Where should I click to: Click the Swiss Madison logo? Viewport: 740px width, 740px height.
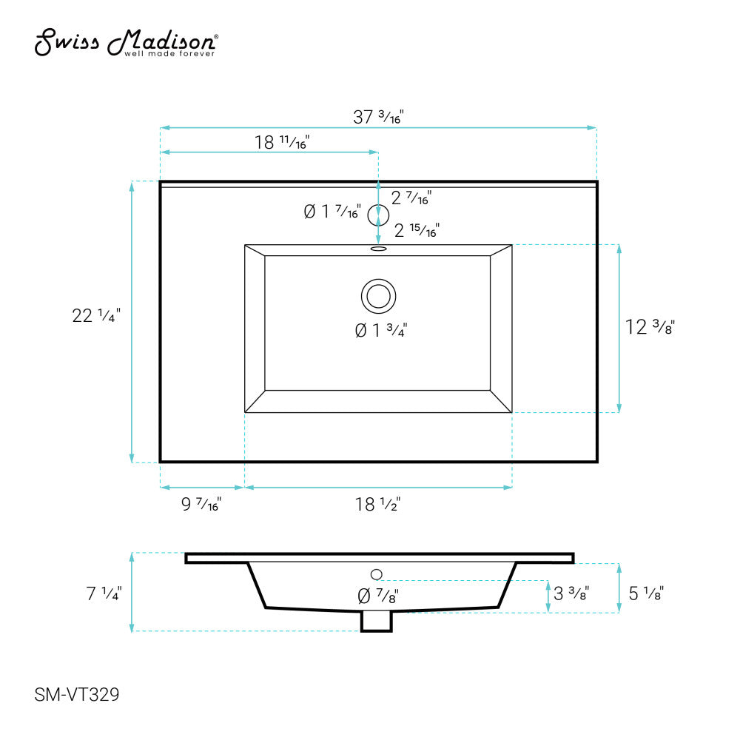(127, 43)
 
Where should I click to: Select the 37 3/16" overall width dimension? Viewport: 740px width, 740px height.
(377, 117)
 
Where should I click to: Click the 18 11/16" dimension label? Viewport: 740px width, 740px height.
(282, 143)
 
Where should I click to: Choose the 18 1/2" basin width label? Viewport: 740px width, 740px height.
(377, 505)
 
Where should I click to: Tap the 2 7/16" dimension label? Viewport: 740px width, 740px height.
(411, 198)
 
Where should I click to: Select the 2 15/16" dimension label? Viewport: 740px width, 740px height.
(417, 231)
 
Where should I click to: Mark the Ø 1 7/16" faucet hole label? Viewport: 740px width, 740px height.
(332, 212)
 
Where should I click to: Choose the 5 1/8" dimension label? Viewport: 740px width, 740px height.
(645, 593)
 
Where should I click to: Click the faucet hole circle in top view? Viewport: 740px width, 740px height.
(379, 212)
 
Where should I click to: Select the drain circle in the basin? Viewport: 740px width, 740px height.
(379, 295)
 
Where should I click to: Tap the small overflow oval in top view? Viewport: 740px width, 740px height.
(379, 249)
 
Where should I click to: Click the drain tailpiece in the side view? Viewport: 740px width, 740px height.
(376, 622)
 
